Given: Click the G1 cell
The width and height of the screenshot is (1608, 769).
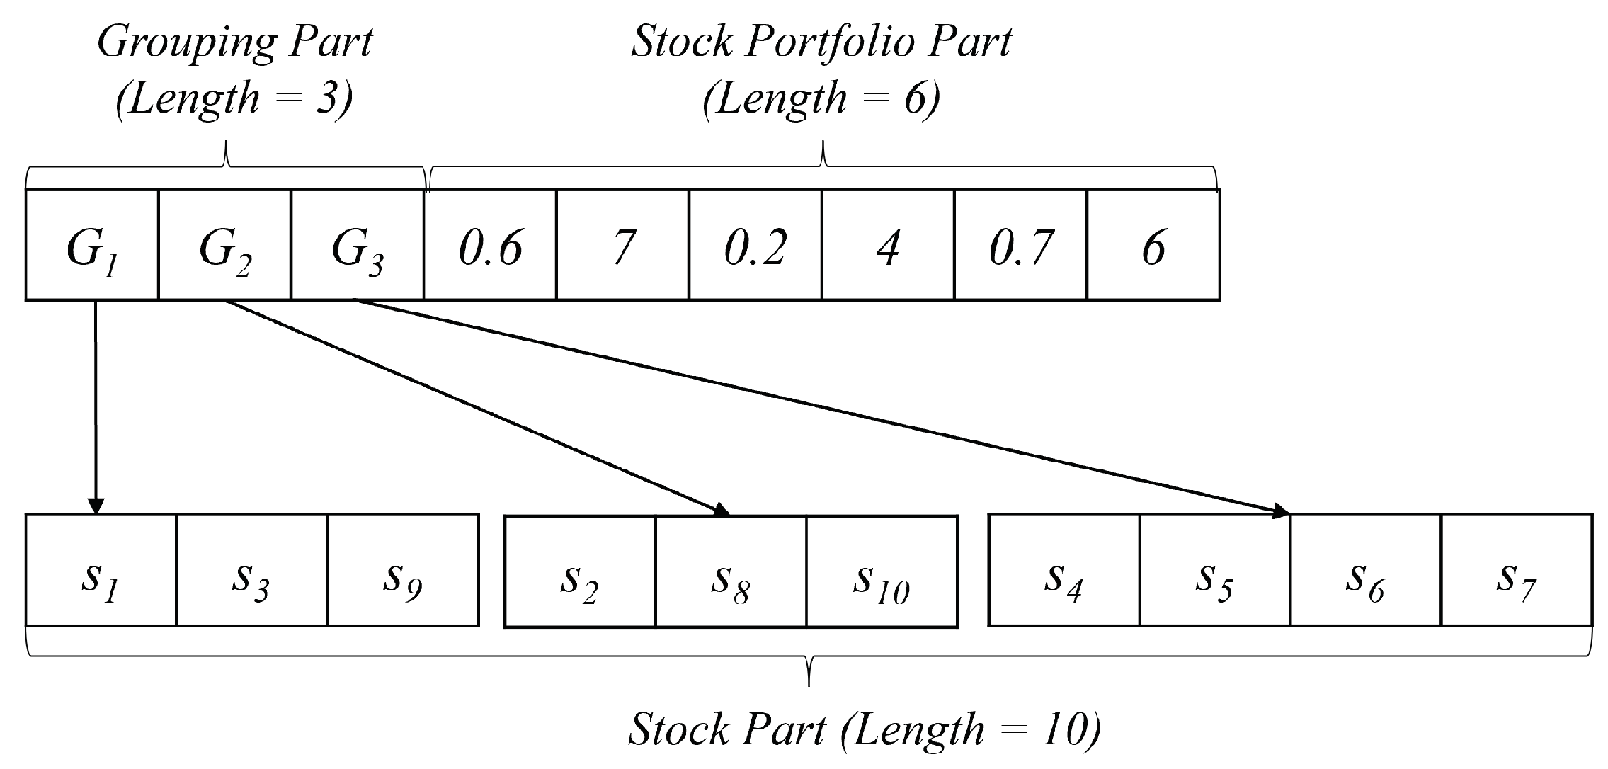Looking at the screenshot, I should pyautogui.click(x=91, y=245).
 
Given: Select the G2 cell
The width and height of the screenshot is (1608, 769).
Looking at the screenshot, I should pyautogui.click(x=224, y=245).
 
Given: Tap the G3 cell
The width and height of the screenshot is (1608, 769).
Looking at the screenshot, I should pyautogui.click(x=357, y=245).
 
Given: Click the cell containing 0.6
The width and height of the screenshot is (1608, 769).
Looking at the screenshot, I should pyautogui.click(x=490, y=245).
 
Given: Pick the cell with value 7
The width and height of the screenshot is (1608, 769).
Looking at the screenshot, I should pyautogui.click(x=622, y=245).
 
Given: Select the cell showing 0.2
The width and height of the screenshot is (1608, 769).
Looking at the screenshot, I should pyautogui.click(x=755, y=245).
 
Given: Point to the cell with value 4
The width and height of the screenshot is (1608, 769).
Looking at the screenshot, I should pyautogui.click(x=888, y=245).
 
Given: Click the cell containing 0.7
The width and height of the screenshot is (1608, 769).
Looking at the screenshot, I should pyautogui.click(x=1020, y=245).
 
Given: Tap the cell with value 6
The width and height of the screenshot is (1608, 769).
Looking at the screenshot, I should pyautogui.click(x=1153, y=245).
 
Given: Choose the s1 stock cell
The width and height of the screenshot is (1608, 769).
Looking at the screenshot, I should pyautogui.click(x=101, y=571).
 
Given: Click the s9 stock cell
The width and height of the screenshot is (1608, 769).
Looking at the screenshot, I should pyautogui.click(x=403, y=571).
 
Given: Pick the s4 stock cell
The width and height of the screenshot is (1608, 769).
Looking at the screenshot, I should pyautogui.click(x=1064, y=571).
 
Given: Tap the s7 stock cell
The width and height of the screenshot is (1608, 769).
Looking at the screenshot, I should pyautogui.click(x=1516, y=571).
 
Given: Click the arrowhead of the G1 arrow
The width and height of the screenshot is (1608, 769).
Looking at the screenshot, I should pyautogui.click(x=96, y=507).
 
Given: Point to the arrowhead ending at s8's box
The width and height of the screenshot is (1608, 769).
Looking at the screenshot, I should pyautogui.click(x=722, y=511).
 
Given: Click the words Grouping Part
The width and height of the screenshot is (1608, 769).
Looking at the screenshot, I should pyautogui.click(x=234, y=42).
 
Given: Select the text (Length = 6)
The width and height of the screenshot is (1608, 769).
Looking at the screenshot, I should pyautogui.click(x=822, y=98).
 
